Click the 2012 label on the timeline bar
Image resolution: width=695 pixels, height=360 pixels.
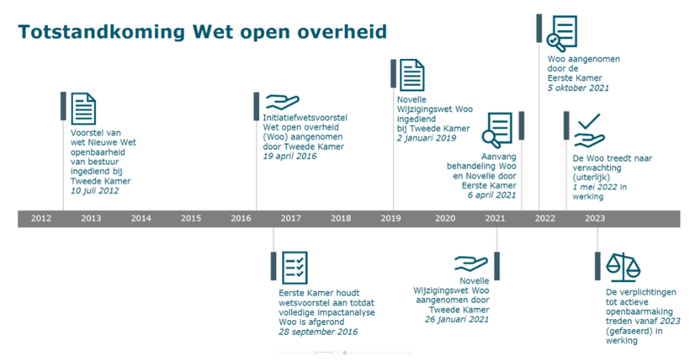[x=41, y=218]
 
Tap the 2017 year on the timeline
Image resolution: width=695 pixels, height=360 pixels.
[x=291, y=218]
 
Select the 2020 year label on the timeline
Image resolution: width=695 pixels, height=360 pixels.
[x=445, y=218]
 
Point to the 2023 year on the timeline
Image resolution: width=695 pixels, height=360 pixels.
[x=595, y=218]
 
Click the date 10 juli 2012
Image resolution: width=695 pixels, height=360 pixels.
[x=95, y=191]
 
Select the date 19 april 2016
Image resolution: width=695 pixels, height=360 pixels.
[x=290, y=156]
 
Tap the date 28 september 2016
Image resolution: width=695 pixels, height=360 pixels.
[x=318, y=332]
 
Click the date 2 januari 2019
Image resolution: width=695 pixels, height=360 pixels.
[x=426, y=138]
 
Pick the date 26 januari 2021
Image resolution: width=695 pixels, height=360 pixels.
[x=457, y=319]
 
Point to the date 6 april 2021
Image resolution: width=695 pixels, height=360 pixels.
[x=492, y=195]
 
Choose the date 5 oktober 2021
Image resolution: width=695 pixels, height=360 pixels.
[x=578, y=88]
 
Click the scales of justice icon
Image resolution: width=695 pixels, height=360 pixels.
[x=623, y=267]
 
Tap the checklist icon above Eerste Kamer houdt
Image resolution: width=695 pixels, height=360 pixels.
[x=295, y=268]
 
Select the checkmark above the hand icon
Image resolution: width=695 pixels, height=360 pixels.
[x=589, y=121]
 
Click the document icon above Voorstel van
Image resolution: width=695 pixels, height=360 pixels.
[x=84, y=109]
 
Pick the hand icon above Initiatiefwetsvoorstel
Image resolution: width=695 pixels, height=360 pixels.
[x=282, y=102]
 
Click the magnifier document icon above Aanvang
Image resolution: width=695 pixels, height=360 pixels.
[x=497, y=130]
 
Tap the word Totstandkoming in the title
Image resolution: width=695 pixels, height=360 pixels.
[x=102, y=32]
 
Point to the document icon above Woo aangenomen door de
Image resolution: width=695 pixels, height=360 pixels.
[x=562, y=34]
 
